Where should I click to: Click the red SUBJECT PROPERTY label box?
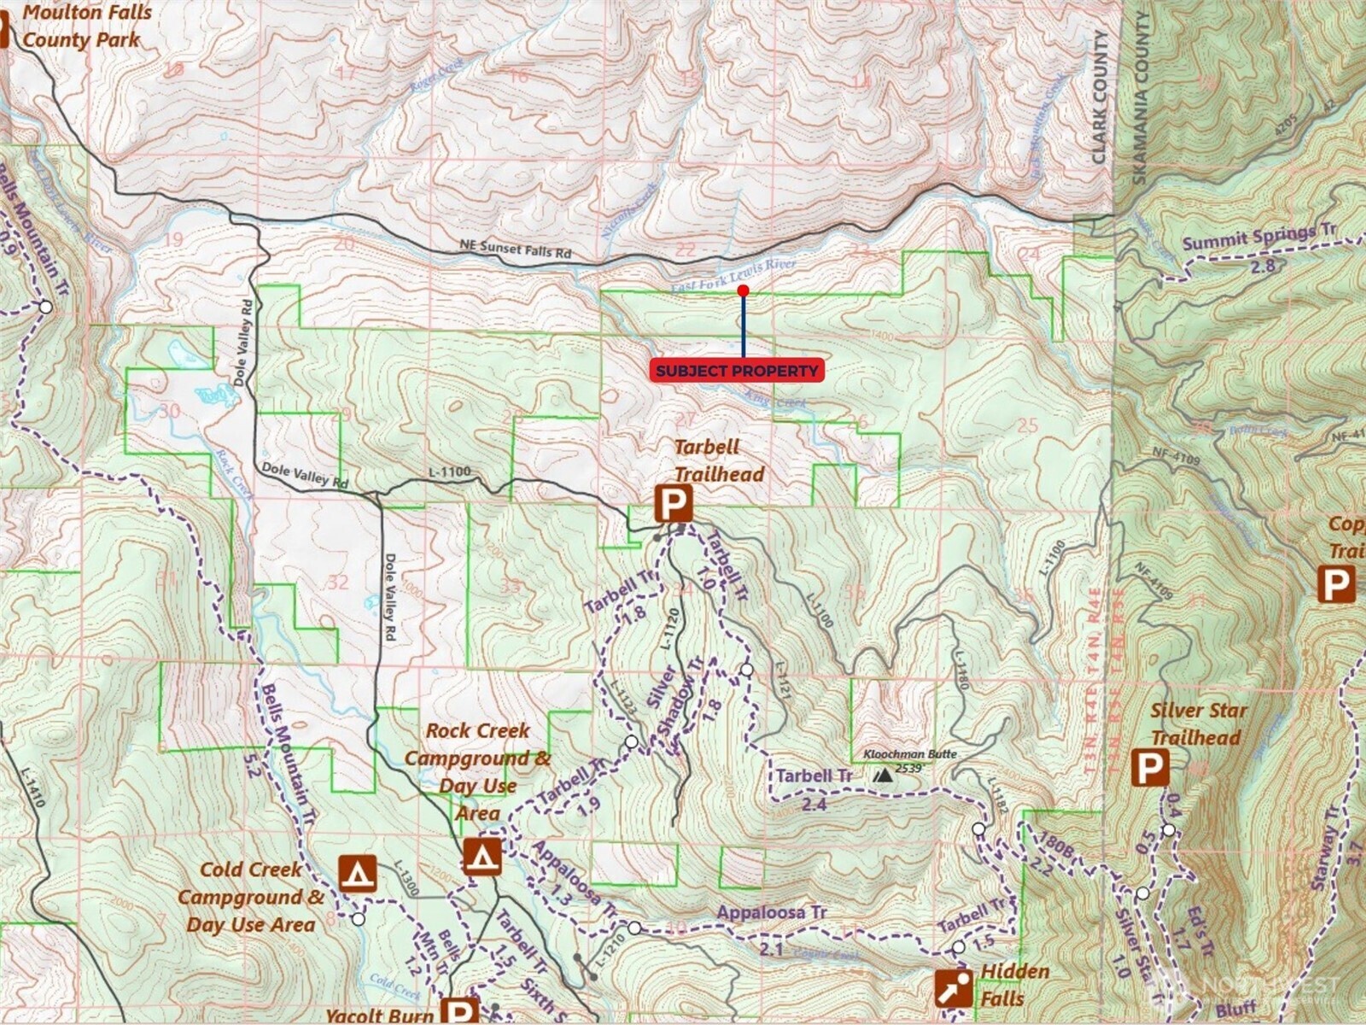pyautogui.click(x=737, y=371)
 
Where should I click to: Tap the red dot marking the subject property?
pyautogui.click(x=743, y=291)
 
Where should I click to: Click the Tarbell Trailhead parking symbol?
pyautogui.click(x=673, y=504)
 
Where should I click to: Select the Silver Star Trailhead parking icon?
pyautogui.click(x=1150, y=768)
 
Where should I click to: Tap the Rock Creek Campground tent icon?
pyautogui.click(x=482, y=856)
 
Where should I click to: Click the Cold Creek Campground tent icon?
pyautogui.click(x=357, y=874)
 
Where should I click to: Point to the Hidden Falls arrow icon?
pyautogui.click(x=953, y=989)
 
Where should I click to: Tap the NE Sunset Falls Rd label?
pyautogui.click(x=515, y=249)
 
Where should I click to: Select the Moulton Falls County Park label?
pyautogui.click(x=85, y=26)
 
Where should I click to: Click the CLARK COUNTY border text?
pyautogui.click(x=1100, y=97)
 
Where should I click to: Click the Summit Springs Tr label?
pyautogui.click(x=1259, y=237)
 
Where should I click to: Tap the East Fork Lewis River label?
pyautogui.click(x=733, y=275)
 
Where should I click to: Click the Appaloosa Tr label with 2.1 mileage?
pyautogui.click(x=772, y=912)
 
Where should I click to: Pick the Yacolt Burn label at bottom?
pyautogui.click(x=380, y=1015)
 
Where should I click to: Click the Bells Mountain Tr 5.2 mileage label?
pyautogui.click(x=251, y=763)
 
